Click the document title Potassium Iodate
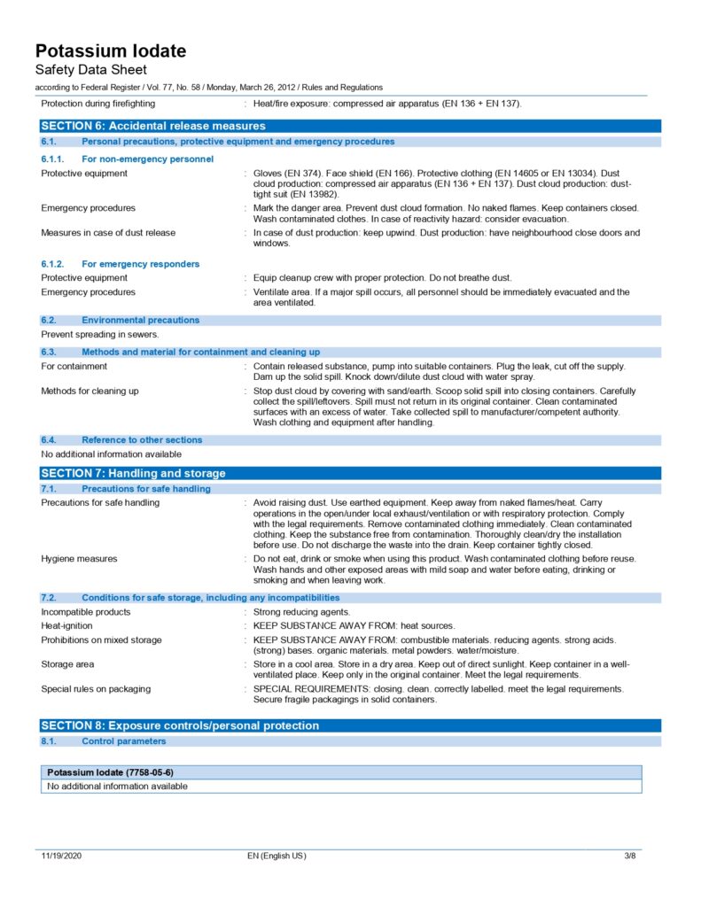click(111, 50)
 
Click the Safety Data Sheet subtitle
click(90, 69)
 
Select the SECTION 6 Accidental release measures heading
click(153, 126)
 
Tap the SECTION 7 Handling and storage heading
click(133, 473)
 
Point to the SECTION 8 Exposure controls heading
click(180, 725)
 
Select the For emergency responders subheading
click(140, 264)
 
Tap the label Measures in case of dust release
click(108, 233)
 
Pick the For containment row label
click(74, 366)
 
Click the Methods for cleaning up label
click(90, 391)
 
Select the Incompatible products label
click(86, 612)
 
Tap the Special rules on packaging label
click(96, 688)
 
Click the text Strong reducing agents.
click(301, 612)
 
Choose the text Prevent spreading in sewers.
click(100, 334)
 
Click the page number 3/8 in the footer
click(629, 856)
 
